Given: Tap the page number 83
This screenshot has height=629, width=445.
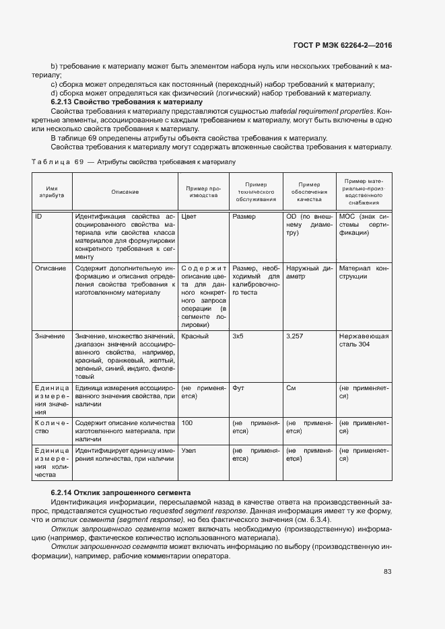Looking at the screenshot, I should pos(387,572).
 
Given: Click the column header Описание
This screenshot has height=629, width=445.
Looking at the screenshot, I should pos(125,192).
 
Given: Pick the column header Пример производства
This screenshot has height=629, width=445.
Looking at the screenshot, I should pos(203,192).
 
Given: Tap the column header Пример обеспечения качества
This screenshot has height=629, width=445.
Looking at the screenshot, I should pos(309,192).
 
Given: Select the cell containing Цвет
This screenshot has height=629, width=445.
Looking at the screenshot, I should pos(190,217).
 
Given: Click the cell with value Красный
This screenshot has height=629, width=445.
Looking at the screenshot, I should pos(195,336).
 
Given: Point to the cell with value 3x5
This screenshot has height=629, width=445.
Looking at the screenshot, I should pos(238,336).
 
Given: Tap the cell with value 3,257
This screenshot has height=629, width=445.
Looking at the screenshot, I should pos(296,336).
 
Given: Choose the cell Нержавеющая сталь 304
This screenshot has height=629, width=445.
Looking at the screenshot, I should pos(364,340).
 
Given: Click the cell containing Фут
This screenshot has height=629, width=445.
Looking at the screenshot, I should pos(238,388).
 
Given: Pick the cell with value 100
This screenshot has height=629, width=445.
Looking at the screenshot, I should pos(187,423).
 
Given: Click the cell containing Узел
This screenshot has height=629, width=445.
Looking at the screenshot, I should pos(189,450).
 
